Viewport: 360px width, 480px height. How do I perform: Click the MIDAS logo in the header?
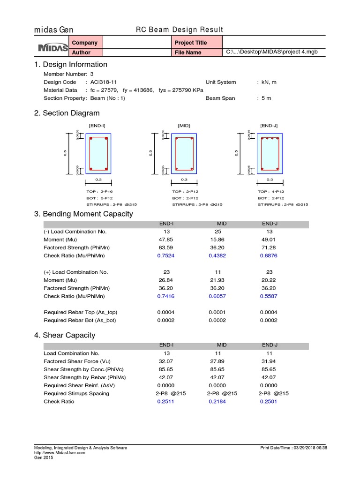coord(52,48)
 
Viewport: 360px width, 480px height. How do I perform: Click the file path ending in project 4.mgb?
coord(272,52)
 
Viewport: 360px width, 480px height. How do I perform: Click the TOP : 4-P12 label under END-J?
coord(270,192)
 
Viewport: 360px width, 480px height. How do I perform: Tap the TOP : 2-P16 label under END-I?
coord(99,192)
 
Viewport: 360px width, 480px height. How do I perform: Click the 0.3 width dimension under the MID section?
coord(184,180)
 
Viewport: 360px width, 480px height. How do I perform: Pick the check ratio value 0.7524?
coord(166,256)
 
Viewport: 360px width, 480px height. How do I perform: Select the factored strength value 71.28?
coord(269,247)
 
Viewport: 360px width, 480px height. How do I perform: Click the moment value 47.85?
coord(166,240)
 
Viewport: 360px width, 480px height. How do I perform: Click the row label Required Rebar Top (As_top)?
coord(80,312)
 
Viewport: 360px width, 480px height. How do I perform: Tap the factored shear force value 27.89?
coord(217,361)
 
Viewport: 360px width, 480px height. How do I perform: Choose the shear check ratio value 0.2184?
coord(217,402)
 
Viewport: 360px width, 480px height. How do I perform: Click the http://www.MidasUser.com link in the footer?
coord(60,453)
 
